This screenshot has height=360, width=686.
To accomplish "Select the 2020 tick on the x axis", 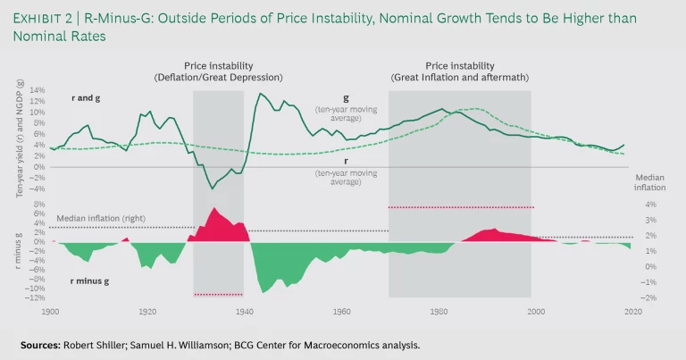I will pyautogui.click(x=632, y=312).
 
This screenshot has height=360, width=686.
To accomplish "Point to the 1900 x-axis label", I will pyautogui.click(x=50, y=312).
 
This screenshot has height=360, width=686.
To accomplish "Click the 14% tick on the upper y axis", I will pyautogui.click(x=38, y=90).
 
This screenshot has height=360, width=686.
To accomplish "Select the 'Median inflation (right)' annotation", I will pyautogui.click(x=101, y=218).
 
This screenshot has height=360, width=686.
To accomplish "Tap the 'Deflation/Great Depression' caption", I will pyautogui.click(x=218, y=78).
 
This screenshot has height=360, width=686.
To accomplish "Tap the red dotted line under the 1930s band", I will pyautogui.click(x=218, y=294).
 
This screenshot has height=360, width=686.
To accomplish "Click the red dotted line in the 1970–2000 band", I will pyautogui.click(x=461, y=207).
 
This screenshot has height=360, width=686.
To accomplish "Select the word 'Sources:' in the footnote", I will pyautogui.click(x=40, y=344).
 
